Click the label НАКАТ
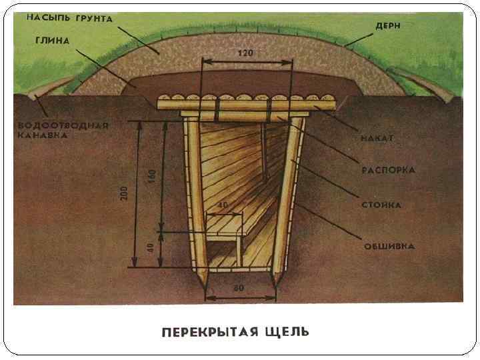tap(377, 138)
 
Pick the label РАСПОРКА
tap(389, 170)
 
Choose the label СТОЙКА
tap(383, 205)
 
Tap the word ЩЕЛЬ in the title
tap(287, 331)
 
